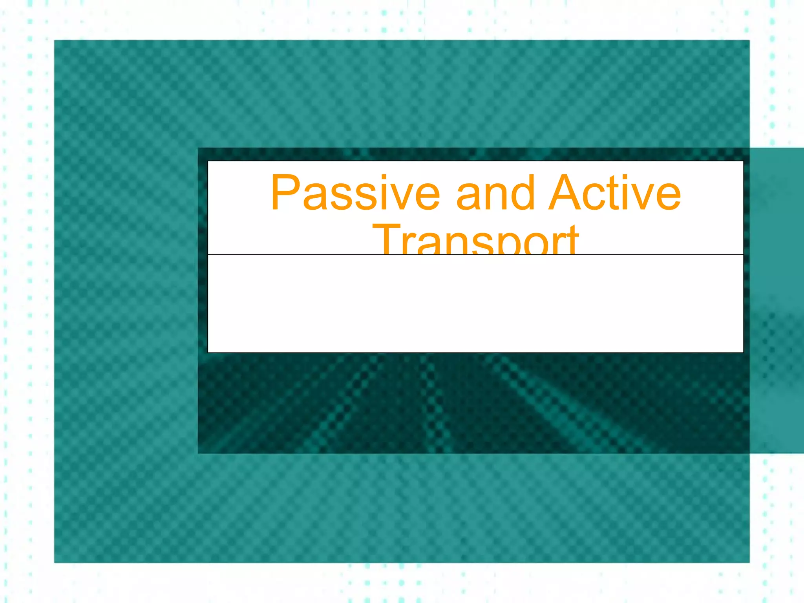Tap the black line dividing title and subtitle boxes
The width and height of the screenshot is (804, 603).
(x=475, y=255)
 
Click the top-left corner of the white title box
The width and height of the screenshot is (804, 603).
(x=208, y=162)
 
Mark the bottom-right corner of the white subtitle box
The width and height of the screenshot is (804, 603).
(x=743, y=352)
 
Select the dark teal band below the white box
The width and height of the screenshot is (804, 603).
(x=471, y=404)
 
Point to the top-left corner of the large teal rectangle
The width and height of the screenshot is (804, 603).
(x=55, y=41)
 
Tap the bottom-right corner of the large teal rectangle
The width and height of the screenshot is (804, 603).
(x=749, y=562)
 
